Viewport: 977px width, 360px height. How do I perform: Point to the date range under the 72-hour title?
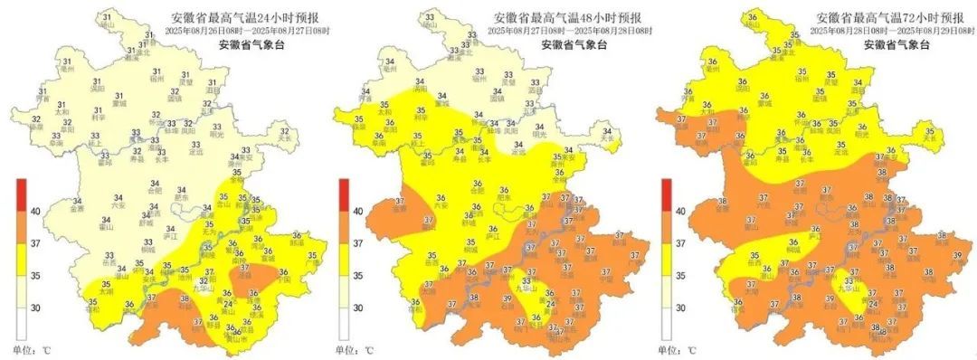(891, 30)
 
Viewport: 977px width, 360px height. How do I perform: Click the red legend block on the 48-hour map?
(344, 194)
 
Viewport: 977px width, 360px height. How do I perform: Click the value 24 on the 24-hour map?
(228, 303)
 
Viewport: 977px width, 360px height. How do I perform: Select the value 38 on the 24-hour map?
(185, 298)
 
